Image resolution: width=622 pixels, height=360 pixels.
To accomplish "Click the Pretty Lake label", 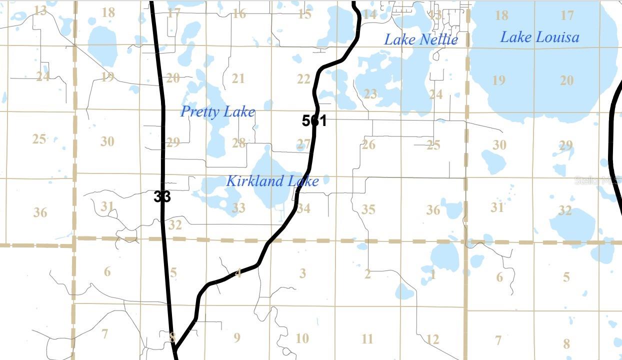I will (x=217, y=111).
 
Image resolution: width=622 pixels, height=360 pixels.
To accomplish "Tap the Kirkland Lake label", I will (x=272, y=180).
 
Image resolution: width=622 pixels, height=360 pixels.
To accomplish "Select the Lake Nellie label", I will (x=420, y=39).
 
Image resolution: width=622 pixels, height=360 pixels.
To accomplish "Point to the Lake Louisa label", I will (x=539, y=37).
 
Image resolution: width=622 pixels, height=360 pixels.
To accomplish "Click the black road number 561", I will (x=314, y=120).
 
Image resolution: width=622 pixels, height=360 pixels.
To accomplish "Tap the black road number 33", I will (x=162, y=196).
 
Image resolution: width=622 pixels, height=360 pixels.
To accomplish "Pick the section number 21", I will (x=238, y=78).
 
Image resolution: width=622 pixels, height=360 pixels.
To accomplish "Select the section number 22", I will (x=303, y=79).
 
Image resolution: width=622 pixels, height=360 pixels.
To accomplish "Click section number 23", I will (x=370, y=93).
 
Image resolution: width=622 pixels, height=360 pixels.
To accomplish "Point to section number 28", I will (x=238, y=143).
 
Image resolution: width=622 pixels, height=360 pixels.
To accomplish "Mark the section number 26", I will (x=368, y=145).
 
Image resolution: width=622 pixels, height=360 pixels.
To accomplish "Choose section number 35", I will (x=368, y=209).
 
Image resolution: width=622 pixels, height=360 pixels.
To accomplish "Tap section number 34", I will (x=303, y=208).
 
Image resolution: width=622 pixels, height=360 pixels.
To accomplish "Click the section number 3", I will (x=302, y=273).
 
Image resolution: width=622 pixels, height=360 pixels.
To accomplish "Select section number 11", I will (x=367, y=339).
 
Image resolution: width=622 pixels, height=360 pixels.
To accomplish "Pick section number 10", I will (x=302, y=338).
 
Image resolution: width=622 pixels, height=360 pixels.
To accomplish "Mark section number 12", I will (x=432, y=339).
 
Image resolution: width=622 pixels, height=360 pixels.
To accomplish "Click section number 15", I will (x=304, y=14).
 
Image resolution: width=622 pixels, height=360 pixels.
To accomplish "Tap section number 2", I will (x=368, y=274).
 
